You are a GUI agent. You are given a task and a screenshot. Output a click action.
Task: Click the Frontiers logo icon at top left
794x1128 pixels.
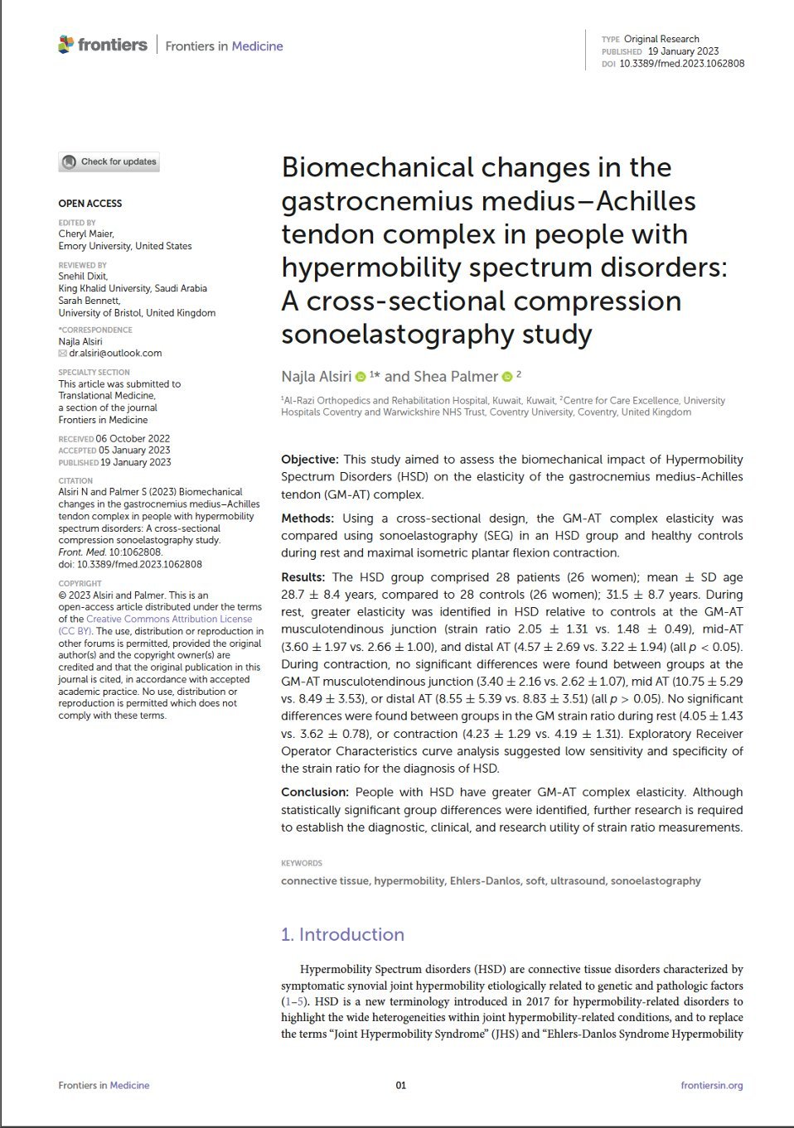click(66, 45)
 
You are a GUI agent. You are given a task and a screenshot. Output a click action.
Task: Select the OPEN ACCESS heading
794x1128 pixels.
click(90, 204)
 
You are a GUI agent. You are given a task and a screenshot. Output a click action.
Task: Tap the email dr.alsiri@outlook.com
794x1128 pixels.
click(115, 353)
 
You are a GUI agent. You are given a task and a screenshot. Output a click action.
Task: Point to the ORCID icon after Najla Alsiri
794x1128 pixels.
click(361, 378)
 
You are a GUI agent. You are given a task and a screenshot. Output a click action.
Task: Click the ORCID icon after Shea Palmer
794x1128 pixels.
click(507, 378)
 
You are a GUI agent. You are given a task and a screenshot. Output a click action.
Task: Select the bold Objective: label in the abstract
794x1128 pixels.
click(310, 460)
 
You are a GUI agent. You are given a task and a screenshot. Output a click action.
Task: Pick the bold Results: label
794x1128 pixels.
click(303, 577)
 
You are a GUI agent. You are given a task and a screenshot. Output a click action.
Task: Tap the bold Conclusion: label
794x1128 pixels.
click(313, 793)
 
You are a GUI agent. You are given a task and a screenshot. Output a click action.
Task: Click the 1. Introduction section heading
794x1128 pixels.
click(342, 934)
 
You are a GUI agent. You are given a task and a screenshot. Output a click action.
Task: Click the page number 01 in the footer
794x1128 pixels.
click(401, 1085)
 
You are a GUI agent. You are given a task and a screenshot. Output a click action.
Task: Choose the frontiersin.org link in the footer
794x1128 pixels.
click(711, 1085)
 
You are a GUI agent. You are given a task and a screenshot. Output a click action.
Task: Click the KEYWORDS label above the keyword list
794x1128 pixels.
click(302, 863)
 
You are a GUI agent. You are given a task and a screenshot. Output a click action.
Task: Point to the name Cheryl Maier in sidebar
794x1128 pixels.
click(86, 234)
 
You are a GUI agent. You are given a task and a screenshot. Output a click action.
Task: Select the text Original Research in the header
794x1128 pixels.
click(661, 39)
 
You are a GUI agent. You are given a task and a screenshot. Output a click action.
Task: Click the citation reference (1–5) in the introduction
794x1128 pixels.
click(294, 1001)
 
